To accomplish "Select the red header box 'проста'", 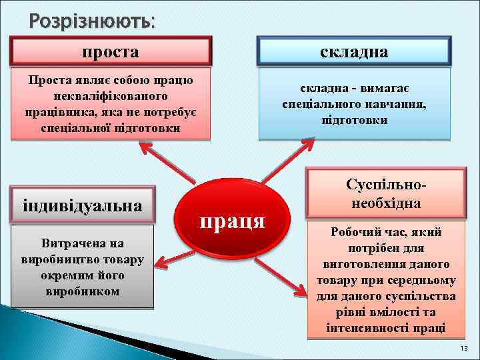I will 111,51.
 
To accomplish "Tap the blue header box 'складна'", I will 354,51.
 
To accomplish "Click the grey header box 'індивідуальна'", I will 83,205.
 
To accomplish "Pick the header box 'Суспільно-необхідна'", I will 386,193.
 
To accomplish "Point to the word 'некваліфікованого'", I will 111,96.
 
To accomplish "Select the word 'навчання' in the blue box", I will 397,105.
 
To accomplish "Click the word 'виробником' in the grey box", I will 83,291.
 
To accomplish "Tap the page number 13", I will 464,349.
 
